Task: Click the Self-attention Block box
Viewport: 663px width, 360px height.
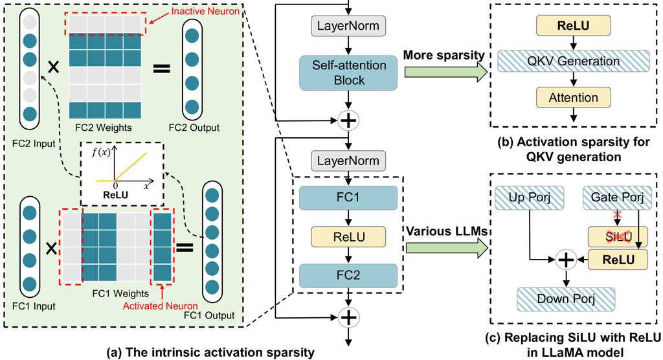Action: [x=349, y=73]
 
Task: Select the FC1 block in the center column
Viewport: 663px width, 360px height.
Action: [x=349, y=197]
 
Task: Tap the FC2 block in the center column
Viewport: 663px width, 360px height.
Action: [x=349, y=274]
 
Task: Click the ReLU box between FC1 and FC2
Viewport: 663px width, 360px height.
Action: [x=349, y=236]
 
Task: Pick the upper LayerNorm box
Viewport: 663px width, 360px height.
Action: [x=349, y=27]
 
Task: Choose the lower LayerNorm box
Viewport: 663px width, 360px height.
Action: [x=349, y=159]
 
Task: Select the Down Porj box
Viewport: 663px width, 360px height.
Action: [x=566, y=298]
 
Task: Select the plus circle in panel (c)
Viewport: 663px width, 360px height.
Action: [x=566, y=260]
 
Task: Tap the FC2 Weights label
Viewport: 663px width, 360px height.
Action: [x=105, y=127]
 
